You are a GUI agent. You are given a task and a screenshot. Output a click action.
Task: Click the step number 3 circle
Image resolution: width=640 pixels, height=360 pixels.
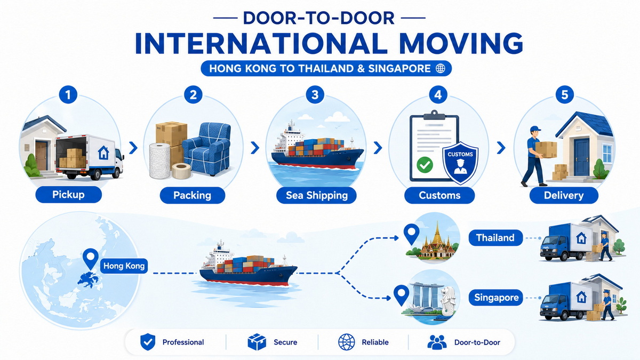coord(315,94)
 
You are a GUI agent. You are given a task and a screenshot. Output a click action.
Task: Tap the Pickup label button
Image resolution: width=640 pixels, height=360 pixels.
coord(69,195)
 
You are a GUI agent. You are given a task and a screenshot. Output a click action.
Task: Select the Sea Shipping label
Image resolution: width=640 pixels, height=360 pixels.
coord(317,195)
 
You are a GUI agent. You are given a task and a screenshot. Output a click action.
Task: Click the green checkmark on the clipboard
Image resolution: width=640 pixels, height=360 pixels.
coord(425,165)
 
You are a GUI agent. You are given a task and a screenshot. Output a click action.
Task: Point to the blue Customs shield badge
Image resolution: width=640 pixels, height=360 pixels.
coord(460,163)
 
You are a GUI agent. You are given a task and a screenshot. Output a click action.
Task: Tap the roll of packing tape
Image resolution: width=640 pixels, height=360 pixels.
coord(181,171)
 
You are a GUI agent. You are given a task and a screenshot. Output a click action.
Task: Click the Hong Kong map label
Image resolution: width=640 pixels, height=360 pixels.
coord(124,266)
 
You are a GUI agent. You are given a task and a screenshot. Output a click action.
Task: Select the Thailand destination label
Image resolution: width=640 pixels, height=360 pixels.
coord(495,238)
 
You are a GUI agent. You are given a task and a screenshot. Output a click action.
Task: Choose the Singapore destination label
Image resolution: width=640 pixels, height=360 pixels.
coord(496,298)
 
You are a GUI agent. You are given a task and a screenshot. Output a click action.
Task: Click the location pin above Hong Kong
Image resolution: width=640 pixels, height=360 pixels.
coord(91,259)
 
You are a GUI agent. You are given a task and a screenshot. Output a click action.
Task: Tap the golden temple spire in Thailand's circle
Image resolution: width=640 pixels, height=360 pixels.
coord(437,234)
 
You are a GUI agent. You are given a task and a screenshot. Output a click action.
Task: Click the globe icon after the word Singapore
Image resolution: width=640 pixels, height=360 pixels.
coord(441,68)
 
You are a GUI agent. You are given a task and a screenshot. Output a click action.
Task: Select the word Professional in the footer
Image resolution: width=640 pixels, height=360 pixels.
coord(183,342)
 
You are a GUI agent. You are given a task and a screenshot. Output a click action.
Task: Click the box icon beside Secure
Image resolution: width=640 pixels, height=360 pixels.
coord(257,342)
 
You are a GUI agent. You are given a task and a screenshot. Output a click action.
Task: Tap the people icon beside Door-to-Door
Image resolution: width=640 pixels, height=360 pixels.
coord(437,342)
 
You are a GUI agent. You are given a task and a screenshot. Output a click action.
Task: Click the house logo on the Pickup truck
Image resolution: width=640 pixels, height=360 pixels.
coord(103,153)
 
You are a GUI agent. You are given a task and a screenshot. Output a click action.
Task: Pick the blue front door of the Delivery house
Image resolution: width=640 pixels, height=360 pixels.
coord(581,157)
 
